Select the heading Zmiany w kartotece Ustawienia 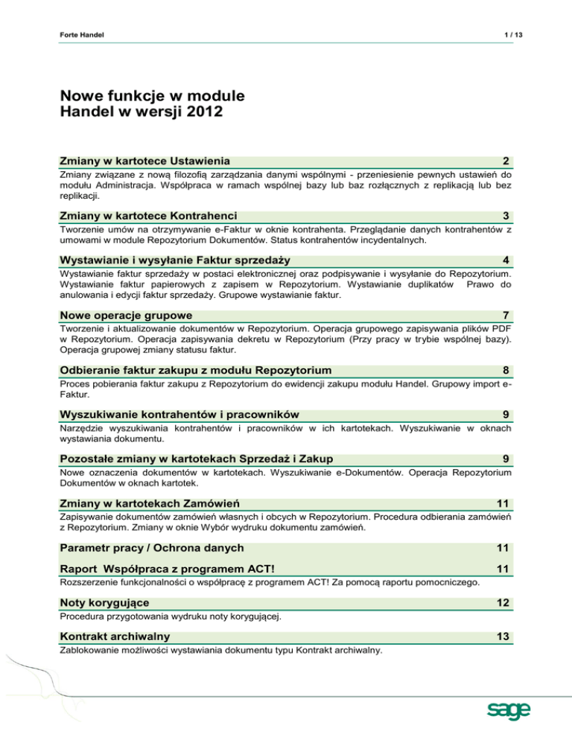144,162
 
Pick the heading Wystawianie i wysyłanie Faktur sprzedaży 175,260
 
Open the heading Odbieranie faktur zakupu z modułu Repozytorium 196,370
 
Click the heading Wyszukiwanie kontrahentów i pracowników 179,413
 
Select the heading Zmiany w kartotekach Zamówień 150,503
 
